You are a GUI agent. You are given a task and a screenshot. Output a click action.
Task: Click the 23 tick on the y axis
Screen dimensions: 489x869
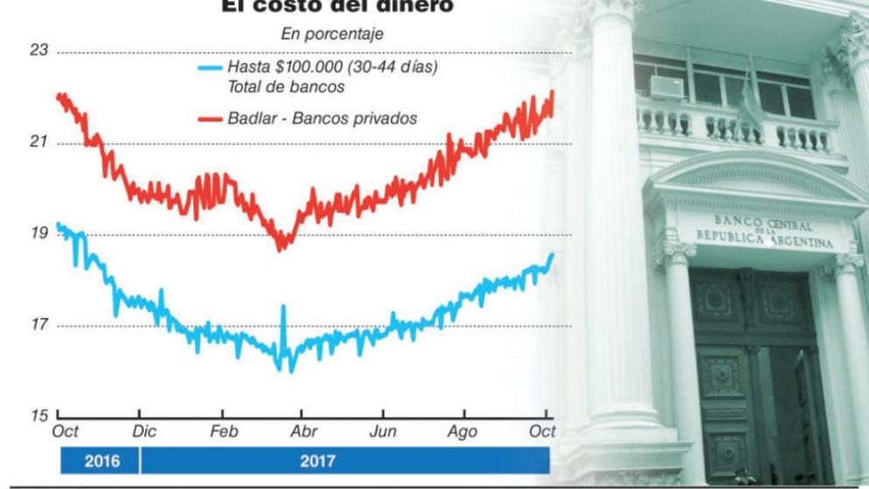coord(39,51)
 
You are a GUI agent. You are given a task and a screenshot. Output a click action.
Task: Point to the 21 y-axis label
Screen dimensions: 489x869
coord(39,143)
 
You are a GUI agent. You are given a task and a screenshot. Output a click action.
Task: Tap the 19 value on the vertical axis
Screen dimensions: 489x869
coord(39,234)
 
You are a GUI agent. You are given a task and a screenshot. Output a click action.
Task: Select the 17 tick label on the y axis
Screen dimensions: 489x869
coord(39,326)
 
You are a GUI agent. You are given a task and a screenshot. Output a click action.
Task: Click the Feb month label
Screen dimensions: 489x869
coord(224,431)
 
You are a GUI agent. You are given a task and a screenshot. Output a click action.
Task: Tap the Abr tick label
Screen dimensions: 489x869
coord(302,431)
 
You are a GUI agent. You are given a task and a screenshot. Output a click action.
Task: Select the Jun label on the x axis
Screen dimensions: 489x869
coord(383,431)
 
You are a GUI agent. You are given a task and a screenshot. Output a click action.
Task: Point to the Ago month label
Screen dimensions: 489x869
coord(463,431)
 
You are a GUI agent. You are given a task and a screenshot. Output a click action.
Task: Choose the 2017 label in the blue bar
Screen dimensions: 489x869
coord(317,460)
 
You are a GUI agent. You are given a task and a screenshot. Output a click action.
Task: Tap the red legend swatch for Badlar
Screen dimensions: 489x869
coord(209,118)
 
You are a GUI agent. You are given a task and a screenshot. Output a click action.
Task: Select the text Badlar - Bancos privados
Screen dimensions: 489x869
coord(322,118)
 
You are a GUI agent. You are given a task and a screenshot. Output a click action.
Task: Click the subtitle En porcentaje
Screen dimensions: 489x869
coord(332,34)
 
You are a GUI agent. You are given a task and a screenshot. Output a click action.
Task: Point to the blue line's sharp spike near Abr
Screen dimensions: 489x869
coord(283,308)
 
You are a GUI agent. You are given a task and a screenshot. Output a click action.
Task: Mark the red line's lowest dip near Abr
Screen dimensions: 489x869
coord(280,249)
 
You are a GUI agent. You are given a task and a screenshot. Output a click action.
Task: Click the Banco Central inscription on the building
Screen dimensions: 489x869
coord(765,230)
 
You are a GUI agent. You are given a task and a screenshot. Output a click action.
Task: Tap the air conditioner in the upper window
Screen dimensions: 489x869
coord(668,86)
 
